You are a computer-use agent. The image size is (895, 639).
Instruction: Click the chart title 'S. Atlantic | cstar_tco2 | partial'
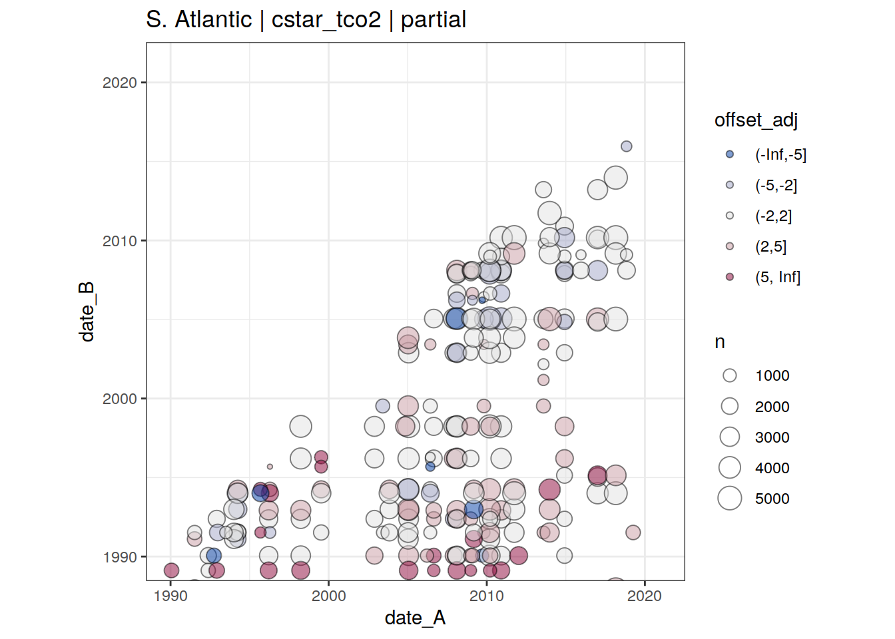coord(306,19)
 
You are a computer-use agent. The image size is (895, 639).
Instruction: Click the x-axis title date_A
coord(415,618)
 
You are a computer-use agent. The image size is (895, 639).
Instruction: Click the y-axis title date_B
coord(87,312)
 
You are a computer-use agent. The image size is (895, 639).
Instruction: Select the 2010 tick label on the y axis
coord(120,241)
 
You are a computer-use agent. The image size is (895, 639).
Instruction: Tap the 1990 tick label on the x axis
coord(170,596)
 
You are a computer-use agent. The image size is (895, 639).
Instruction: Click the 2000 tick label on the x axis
coord(329,596)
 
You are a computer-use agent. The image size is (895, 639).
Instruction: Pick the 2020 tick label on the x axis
coord(645,596)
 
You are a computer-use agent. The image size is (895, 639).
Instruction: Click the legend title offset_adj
coord(756,120)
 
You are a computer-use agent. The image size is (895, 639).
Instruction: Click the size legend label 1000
coord(772,375)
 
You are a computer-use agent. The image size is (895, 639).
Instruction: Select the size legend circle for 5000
coord(730,498)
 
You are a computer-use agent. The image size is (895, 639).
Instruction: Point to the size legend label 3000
coord(772,437)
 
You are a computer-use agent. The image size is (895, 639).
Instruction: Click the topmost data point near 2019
coord(627,146)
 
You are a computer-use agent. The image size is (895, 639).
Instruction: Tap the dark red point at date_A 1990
coord(171,570)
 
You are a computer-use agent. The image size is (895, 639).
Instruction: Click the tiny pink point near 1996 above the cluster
coord(270,467)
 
